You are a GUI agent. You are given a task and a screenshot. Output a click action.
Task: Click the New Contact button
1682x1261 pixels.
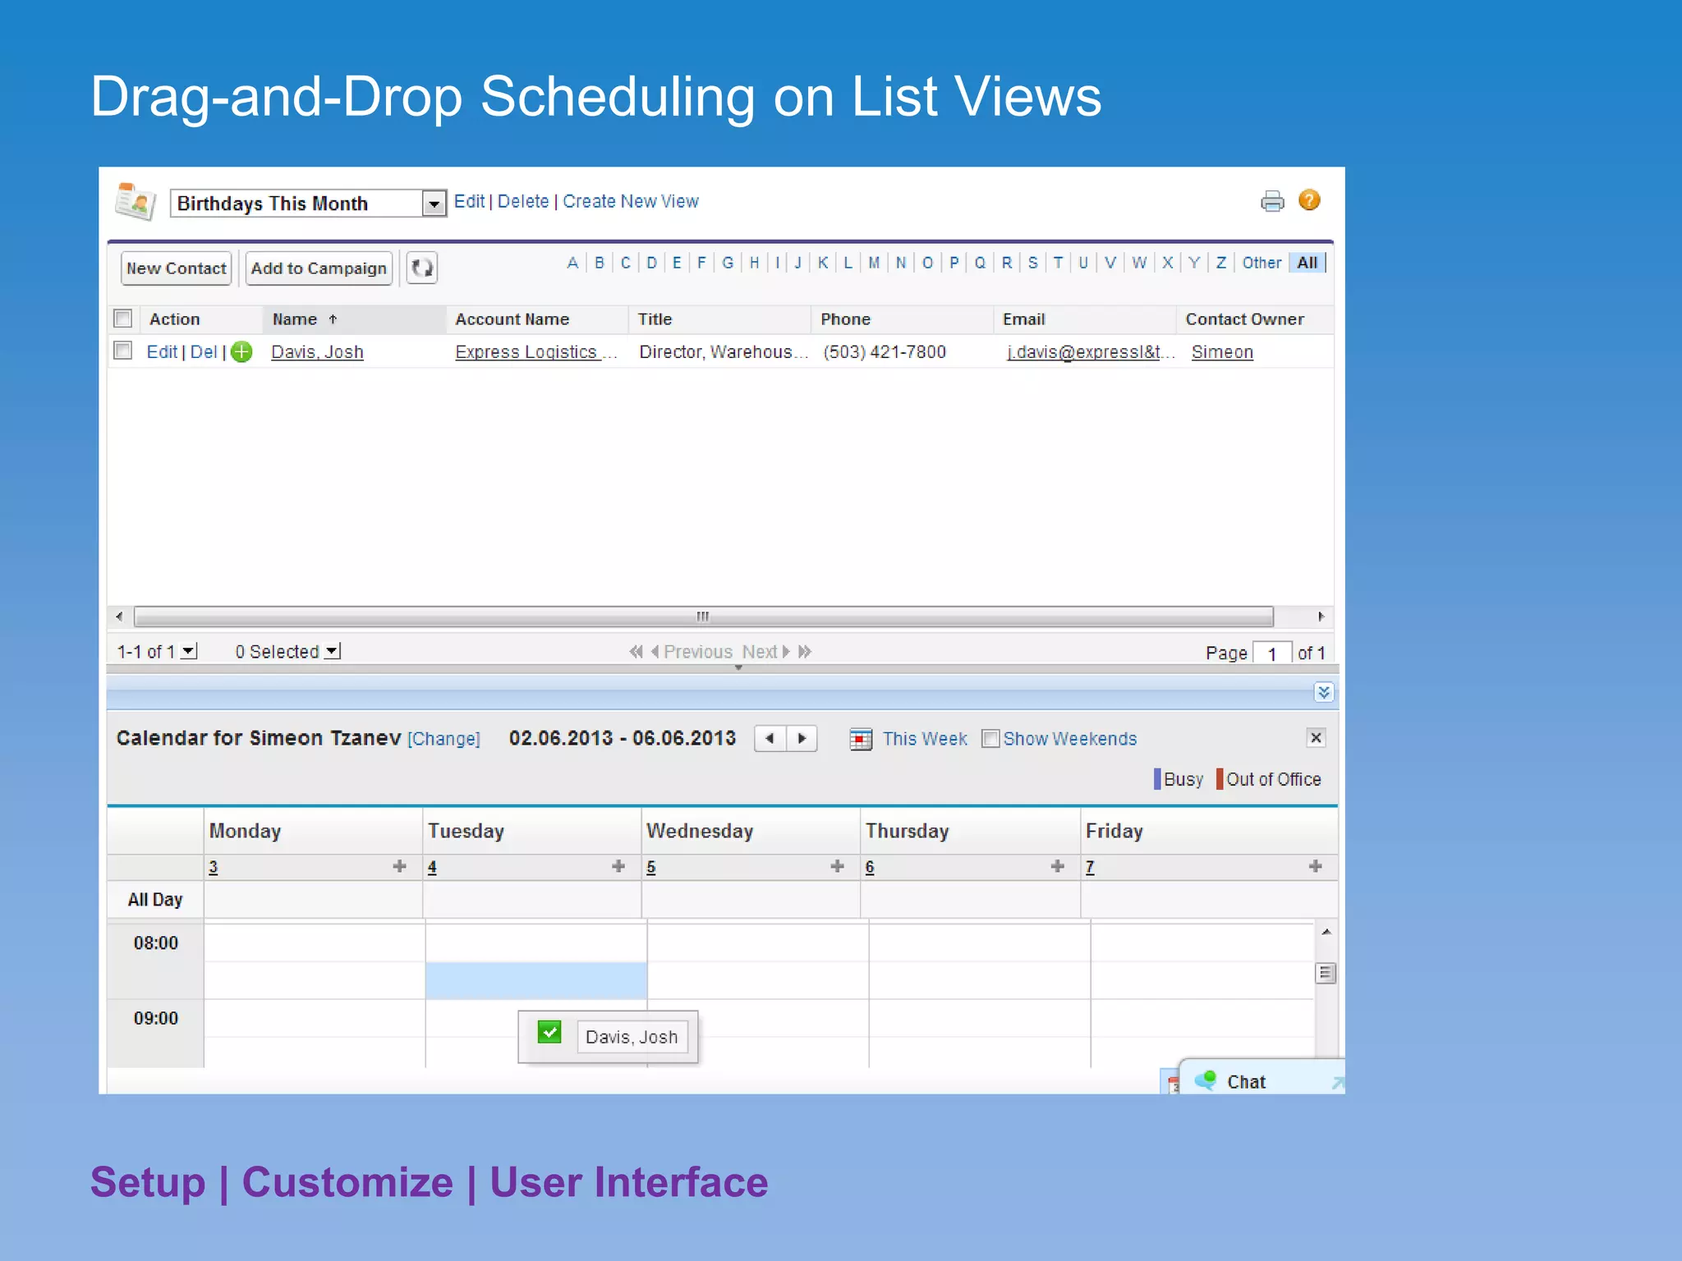[176, 268]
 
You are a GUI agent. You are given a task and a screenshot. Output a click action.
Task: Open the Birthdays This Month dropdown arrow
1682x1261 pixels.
[434, 203]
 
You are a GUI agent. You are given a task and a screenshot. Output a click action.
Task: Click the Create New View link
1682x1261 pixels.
[630, 201]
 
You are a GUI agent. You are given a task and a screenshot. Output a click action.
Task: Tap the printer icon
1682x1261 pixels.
[1272, 201]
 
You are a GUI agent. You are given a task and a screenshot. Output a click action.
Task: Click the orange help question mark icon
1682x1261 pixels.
[1309, 200]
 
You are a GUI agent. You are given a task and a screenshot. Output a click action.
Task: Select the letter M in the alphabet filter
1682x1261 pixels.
[874, 263]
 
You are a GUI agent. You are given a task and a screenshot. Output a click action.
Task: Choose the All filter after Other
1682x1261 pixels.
[1307, 263]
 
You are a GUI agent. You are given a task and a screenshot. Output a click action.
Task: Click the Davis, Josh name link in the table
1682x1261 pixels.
[317, 352]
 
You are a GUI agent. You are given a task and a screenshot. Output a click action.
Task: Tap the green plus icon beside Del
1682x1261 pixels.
[241, 352]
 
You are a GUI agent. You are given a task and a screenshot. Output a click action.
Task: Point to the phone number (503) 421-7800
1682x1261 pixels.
[885, 352]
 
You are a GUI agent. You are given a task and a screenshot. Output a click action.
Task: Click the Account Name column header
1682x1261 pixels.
[512, 319]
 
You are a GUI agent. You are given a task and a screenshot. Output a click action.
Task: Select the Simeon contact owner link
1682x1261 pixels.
[1222, 352]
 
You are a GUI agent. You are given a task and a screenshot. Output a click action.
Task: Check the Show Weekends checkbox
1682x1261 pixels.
[990, 739]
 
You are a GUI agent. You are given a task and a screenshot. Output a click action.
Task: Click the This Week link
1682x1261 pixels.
[925, 739]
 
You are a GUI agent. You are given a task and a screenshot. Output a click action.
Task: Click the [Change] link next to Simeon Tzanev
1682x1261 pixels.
[443, 739]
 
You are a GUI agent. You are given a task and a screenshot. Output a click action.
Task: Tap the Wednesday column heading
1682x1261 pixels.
[700, 831]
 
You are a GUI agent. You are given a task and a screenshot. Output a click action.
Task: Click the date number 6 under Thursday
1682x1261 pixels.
[870, 867]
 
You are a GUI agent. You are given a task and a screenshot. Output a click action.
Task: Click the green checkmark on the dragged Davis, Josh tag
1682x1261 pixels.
[549, 1032]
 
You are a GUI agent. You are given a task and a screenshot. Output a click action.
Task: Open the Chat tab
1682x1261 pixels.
[1245, 1082]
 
